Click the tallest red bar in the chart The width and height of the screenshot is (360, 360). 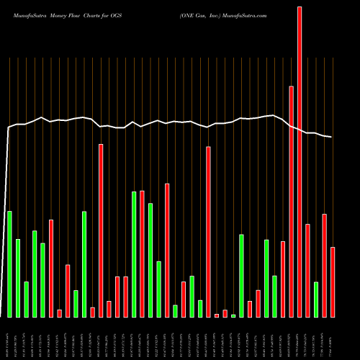[x=300, y=162]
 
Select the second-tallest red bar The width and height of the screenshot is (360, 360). [x=292, y=202]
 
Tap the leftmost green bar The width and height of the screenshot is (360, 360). [x=9, y=264]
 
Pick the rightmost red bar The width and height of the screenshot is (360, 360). [x=333, y=282]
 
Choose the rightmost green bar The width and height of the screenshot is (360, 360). [x=316, y=300]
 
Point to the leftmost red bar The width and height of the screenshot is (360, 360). [x=51, y=269]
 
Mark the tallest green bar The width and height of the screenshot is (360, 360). [x=134, y=254]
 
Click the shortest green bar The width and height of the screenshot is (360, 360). [x=233, y=315]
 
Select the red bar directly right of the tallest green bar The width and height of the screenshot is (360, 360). [x=142, y=254]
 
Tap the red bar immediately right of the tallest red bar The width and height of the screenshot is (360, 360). [x=307, y=271]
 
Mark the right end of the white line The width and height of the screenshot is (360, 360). [x=332, y=137]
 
